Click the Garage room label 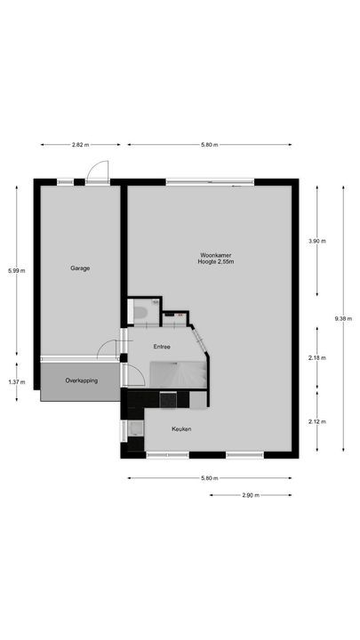point(80,268)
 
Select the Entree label point(162,347)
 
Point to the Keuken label point(182,428)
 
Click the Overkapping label point(81,381)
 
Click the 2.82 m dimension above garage point(80,144)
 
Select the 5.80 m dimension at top point(209,144)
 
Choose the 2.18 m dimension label point(317,358)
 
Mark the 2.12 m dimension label point(317,421)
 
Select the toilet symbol point(140,312)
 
